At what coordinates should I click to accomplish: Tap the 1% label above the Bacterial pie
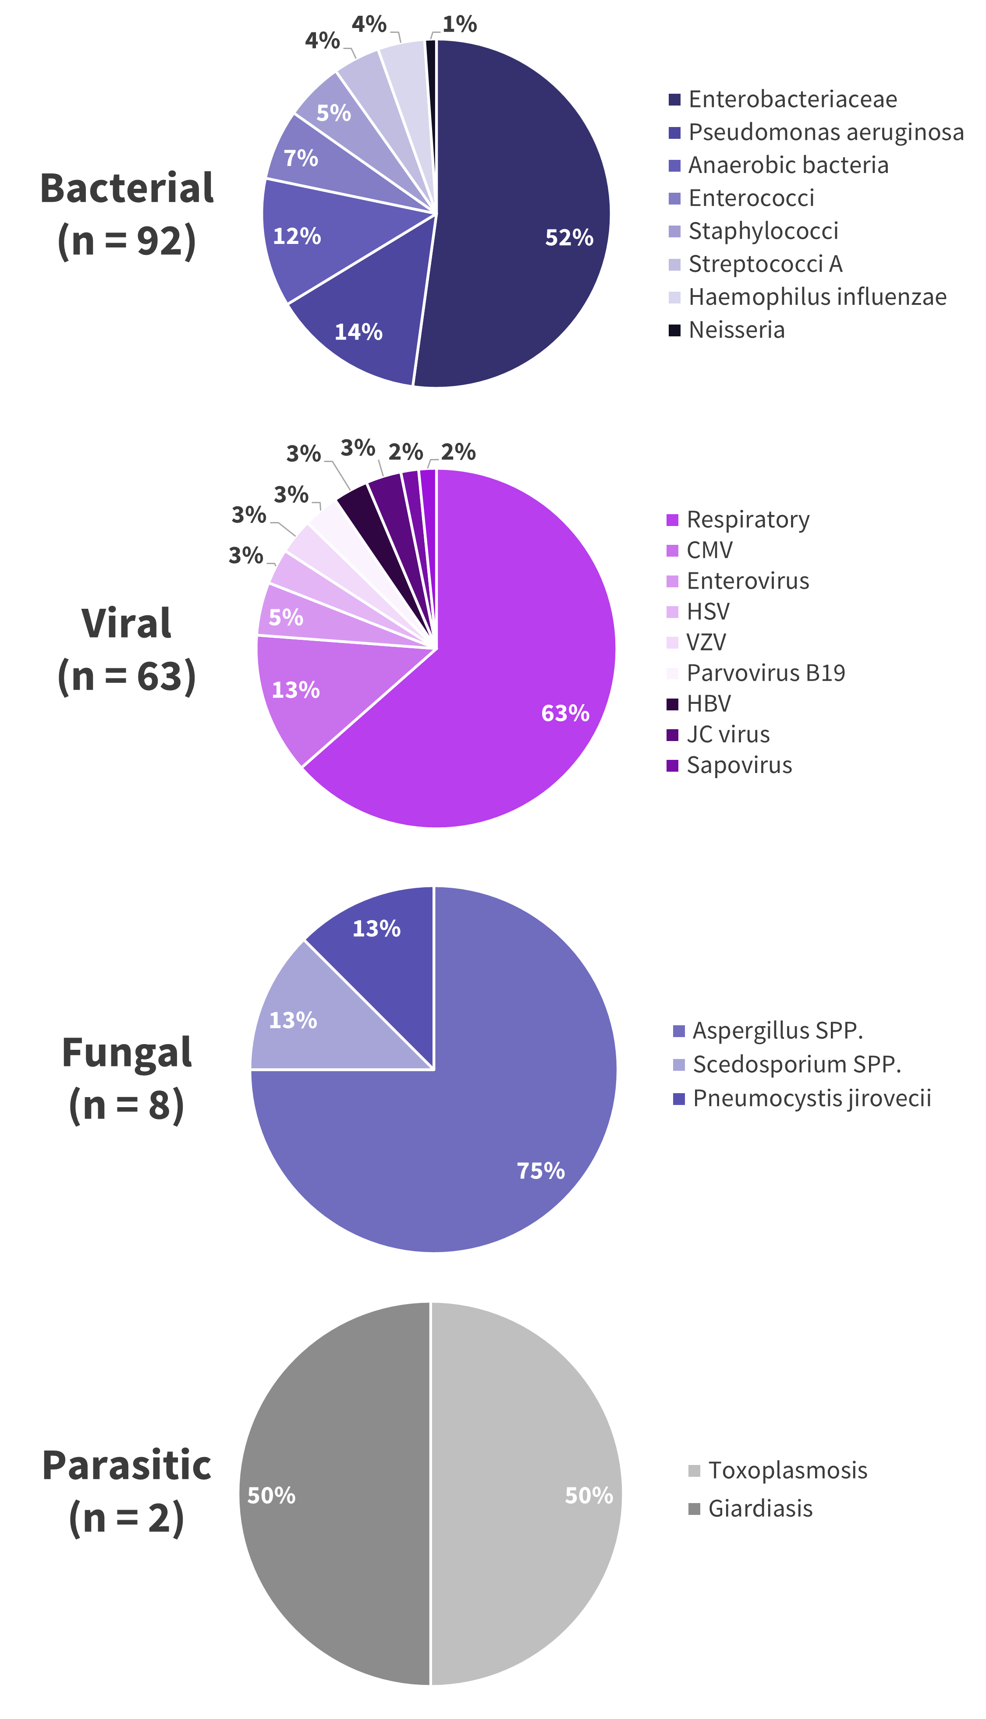click(460, 25)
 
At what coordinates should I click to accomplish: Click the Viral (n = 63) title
click(127, 649)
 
